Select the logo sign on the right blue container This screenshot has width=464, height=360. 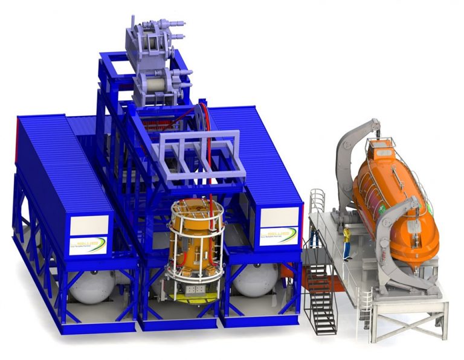279,236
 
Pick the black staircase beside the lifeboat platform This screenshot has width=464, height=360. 321,296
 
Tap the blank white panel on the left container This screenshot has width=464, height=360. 89,225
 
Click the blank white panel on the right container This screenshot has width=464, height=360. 279,217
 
